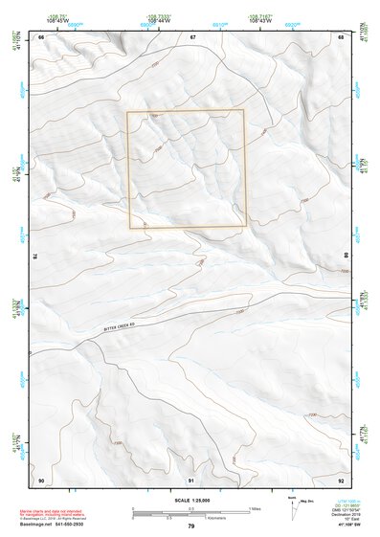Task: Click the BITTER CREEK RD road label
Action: tap(124, 326)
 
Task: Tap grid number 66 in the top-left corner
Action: tap(41, 37)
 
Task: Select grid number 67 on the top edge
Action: tap(192, 37)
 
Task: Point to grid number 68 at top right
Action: tap(342, 37)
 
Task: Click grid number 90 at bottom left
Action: tap(41, 479)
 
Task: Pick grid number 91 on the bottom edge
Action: tap(191, 479)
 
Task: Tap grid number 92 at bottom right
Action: tap(342, 479)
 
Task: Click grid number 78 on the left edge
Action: tap(35, 256)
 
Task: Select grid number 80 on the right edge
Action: tap(346, 256)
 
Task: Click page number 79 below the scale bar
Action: tap(191, 526)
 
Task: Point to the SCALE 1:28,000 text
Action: tap(190, 500)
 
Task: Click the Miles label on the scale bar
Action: tap(255, 508)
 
